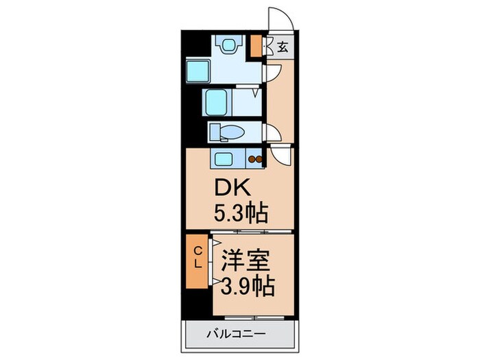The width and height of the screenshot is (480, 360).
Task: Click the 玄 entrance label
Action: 283,47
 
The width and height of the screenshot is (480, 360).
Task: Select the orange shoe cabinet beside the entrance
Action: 256,46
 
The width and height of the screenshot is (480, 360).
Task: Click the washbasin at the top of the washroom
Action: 228,45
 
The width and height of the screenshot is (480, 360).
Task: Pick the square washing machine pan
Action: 197,71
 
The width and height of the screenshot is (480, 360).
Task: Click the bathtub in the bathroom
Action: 217,102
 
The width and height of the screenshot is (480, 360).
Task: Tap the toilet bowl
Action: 232,132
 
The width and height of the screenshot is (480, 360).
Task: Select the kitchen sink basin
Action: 223,159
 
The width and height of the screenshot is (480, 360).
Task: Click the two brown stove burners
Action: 255,159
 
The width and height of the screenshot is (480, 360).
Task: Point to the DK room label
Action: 232,188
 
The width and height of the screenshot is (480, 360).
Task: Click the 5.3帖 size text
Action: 241,212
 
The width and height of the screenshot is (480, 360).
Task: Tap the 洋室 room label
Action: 245,261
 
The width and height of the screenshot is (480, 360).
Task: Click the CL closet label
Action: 198,258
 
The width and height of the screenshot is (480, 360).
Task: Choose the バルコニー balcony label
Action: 236,333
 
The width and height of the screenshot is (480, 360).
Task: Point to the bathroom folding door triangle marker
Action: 256,93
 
